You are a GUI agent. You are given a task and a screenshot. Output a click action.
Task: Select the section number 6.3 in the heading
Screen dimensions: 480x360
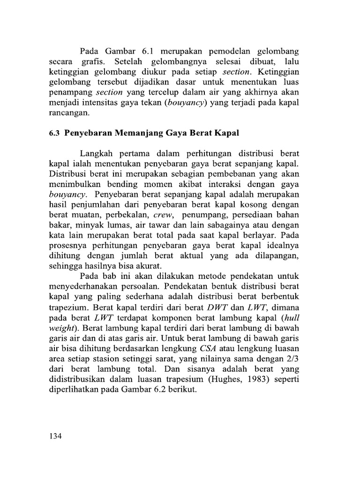pos(54,133)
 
